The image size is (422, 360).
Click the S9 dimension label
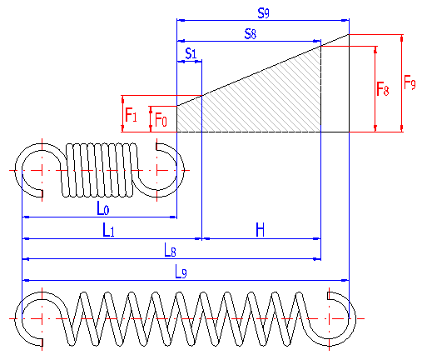263,12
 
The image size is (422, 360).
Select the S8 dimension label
251,34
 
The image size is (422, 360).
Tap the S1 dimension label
191,53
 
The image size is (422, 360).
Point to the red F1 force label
131,115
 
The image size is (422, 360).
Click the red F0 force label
161,120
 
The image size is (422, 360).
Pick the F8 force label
383,89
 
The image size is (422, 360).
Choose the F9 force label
410,82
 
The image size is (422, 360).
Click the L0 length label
103,208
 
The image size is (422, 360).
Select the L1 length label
108,230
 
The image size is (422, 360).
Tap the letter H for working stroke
260,230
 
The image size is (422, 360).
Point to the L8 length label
170,250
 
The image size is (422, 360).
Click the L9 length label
181,272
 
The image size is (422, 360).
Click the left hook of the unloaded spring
22,170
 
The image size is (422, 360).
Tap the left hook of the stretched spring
22,319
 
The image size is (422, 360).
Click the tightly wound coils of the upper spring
98,170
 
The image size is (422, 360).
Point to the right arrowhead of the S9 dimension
345,20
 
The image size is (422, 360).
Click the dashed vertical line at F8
320,89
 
